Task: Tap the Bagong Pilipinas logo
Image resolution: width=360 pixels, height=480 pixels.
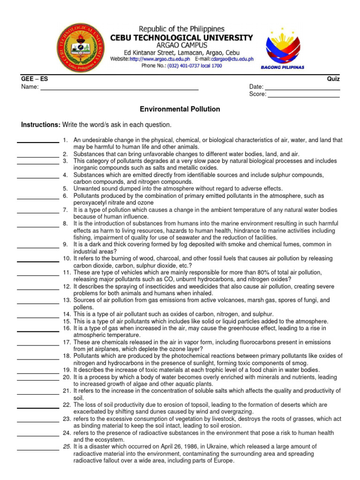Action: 282,47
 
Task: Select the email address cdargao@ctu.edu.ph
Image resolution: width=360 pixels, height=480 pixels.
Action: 232,59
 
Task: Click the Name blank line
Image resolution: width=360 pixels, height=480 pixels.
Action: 120,89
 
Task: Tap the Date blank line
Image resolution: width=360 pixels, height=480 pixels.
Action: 302,89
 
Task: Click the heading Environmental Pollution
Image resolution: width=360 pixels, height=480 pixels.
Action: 180,109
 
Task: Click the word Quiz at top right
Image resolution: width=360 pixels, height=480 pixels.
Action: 333,79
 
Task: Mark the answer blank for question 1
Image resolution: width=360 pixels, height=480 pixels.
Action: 38,142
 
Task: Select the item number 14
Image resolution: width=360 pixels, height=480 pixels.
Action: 67,314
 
